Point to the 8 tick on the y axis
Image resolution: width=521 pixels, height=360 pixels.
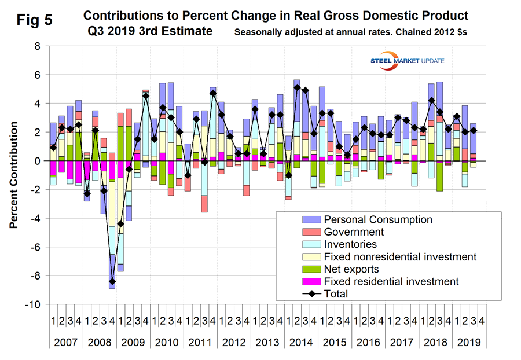click(37, 46)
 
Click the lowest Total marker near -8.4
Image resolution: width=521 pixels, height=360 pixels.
click(112, 281)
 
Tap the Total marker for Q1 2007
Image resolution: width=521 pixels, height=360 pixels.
click(53, 148)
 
